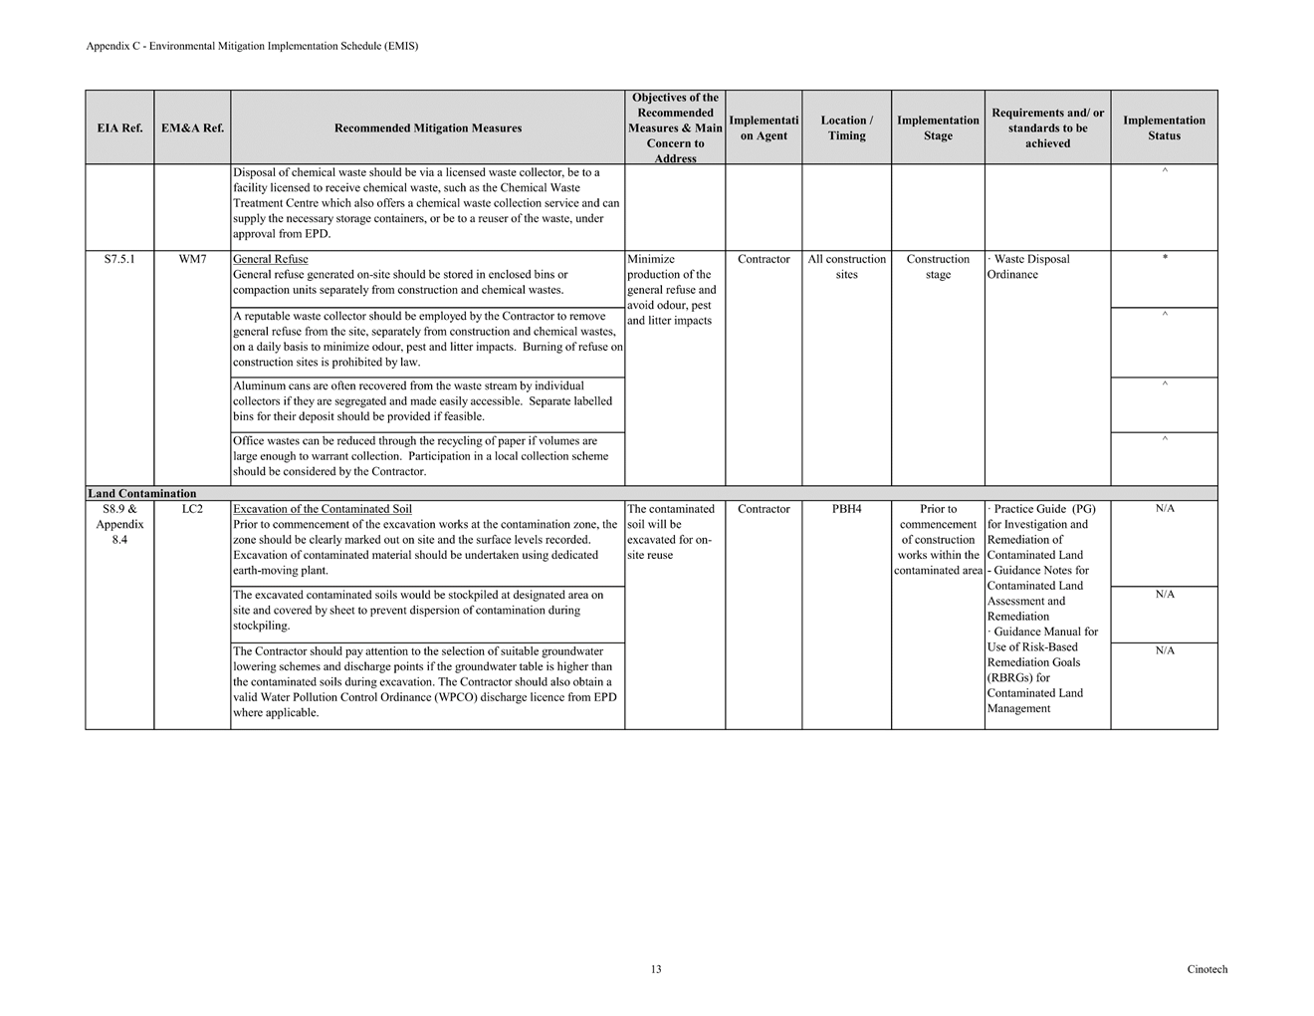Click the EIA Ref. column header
pyautogui.click(x=119, y=128)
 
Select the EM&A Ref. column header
pyautogui.click(x=192, y=128)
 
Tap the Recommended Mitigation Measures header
pyautogui.click(x=428, y=128)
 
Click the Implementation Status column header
pyautogui.click(x=1164, y=128)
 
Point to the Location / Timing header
pyautogui.click(x=846, y=128)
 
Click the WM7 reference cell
pyautogui.click(x=192, y=260)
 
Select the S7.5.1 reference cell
pyautogui.click(x=119, y=260)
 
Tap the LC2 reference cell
pyautogui.click(x=192, y=510)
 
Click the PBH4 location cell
pyautogui.click(x=846, y=510)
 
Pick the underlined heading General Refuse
pyautogui.click(x=270, y=260)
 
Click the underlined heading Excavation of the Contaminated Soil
pyautogui.click(x=322, y=510)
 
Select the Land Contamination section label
pyautogui.click(x=141, y=494)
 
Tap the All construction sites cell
pyautogui.click(x=846, y=267)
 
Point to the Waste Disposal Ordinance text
pyautogui.click(x=1030, y=267)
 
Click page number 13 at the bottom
pyautogui.click(x=656, y=969)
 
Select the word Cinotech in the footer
pyautogui.click(x=1206, y=969)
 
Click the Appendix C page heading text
pyautogui.click(x=252, y=46)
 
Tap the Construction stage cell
pyautogui.click(x=938, y=267)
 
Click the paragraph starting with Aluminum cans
pyautogui.click(x=423, y=401)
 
